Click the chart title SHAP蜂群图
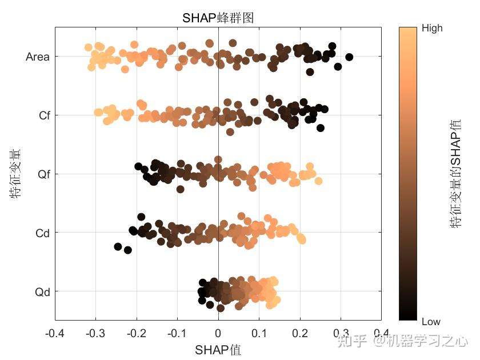coord(218,18)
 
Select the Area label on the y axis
coord(38,57)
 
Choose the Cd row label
coord(43,233)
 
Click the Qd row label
coord(43,292)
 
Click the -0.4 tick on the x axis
coord(55,333)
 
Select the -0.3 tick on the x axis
coord(95,333)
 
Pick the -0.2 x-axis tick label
coord(136,333)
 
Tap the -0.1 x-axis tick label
coord(177,333)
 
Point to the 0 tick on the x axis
coord(218,333)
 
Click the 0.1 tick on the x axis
coord(259,333)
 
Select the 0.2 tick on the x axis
coord(299,333)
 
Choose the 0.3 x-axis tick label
coord(341,333)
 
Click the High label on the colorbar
coord(431,28)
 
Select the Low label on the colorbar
coord(431,321)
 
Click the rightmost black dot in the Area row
coord(349,57)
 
